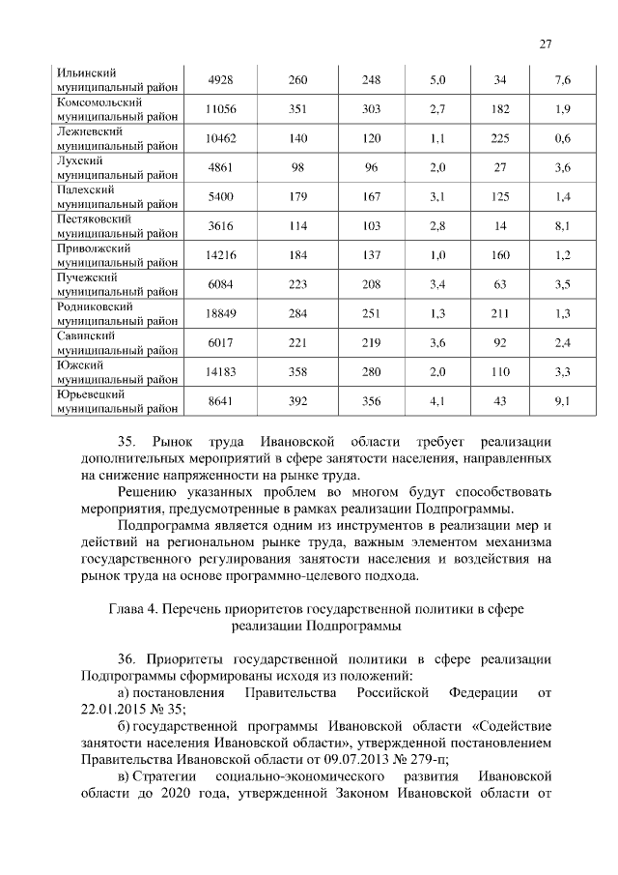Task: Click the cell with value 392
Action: click(297, 399)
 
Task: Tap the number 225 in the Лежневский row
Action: click(500, 138)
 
